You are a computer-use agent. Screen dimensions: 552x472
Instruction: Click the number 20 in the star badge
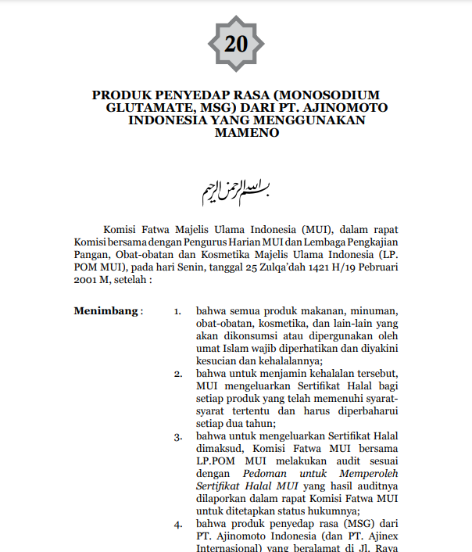click(235, 44)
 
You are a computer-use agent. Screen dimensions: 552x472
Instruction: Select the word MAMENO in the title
click(247, 133)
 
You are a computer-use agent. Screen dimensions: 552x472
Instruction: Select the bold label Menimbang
click(105, 311)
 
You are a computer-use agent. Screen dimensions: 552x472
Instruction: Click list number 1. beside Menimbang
click(178, 311)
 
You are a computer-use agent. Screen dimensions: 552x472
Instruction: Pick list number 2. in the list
click(178, 374)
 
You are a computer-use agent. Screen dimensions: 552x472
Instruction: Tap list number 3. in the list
click(178, 436)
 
